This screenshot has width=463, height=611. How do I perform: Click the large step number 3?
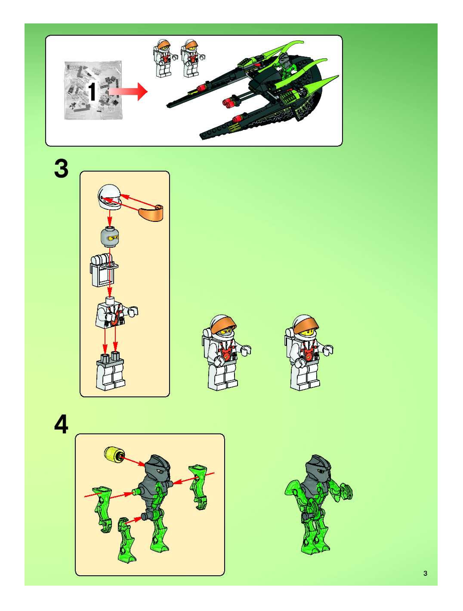point(61,169)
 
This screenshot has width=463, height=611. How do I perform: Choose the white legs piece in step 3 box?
point(110,372)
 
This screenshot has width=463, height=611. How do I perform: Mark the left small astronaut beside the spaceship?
point(163,58)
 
